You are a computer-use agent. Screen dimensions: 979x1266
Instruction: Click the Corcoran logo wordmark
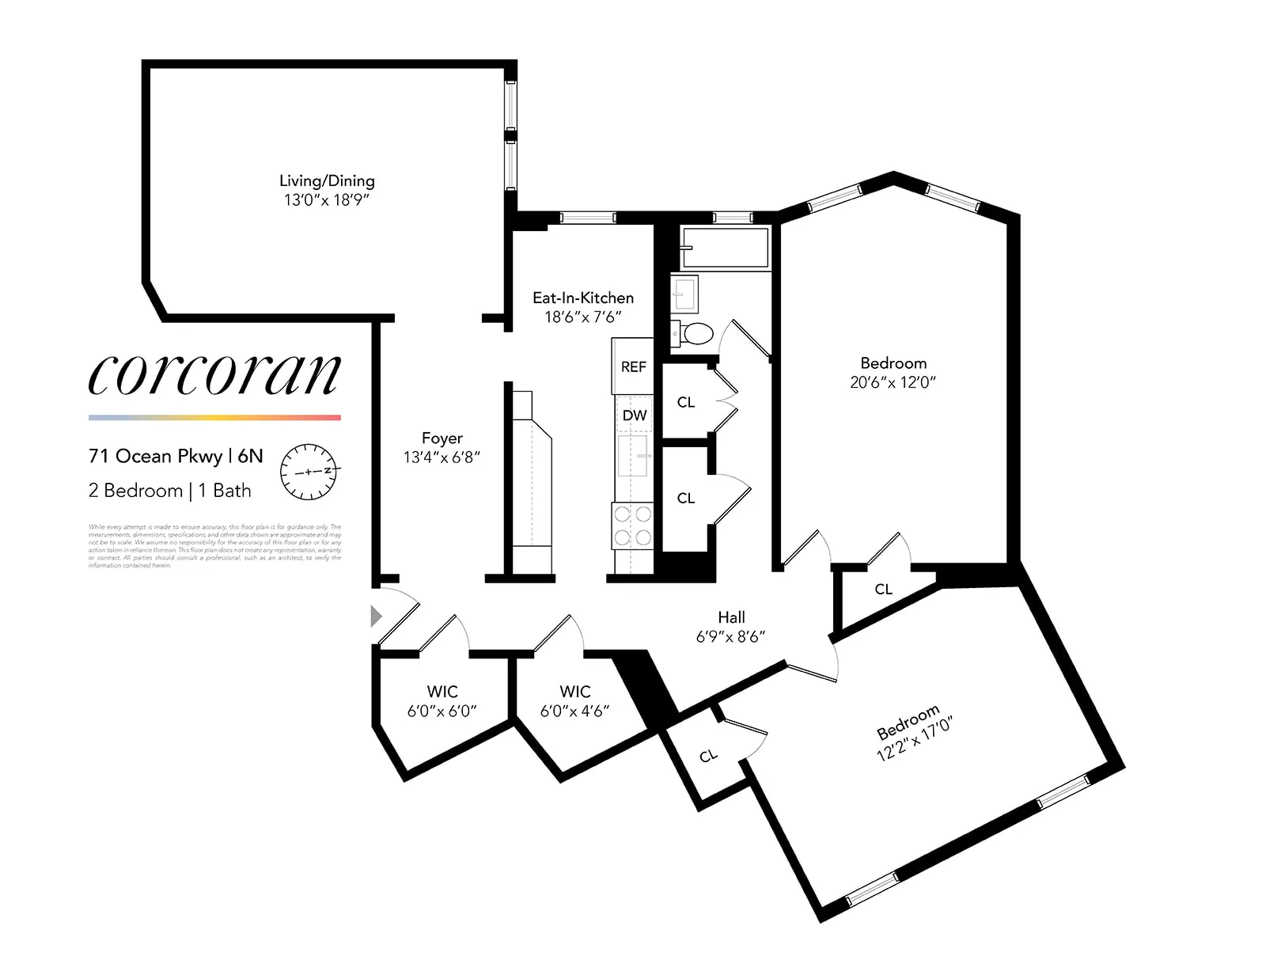214,374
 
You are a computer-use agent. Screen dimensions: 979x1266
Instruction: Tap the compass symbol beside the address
309,471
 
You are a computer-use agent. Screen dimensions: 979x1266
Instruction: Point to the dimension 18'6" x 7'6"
583,317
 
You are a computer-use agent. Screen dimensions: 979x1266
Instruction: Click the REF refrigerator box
633,366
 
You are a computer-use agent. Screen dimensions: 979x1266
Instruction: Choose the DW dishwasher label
635,415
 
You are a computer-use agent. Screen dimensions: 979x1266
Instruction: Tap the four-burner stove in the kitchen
632,526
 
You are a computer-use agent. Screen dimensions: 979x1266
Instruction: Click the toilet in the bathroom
696,333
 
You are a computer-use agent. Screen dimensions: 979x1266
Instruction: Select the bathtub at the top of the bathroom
725,248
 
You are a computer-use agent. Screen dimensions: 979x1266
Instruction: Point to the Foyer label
442,438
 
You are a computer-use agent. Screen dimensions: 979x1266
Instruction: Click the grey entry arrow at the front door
377,616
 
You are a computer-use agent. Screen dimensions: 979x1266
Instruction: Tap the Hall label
731,617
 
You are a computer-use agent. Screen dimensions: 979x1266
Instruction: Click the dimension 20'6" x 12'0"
893,382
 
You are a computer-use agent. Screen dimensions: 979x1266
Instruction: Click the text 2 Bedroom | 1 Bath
169,491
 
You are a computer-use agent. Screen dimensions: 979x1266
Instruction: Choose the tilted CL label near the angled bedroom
708,756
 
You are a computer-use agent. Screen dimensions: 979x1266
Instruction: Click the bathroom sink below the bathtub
684,294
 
